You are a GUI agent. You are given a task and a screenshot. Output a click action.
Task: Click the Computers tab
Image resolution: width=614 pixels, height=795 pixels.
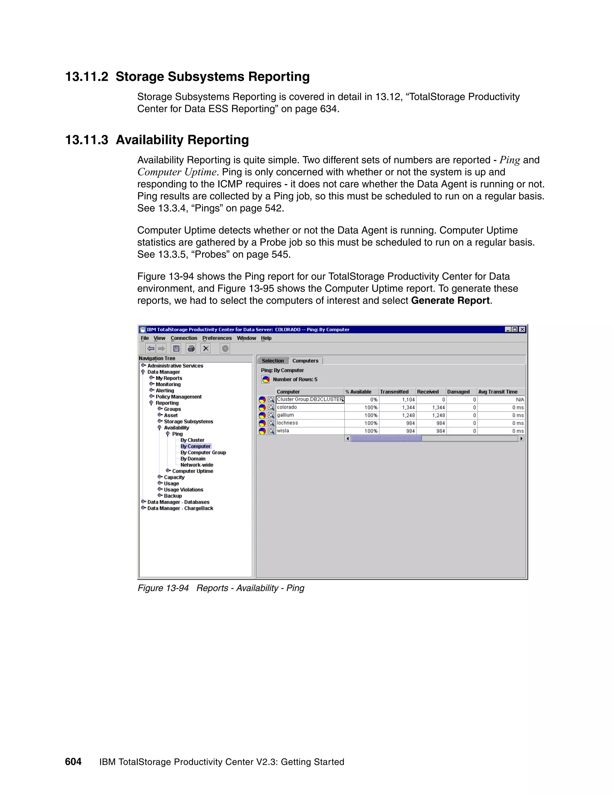click(305, 361)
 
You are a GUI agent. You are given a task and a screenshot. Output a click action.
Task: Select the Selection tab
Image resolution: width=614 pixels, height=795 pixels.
click(273, 361)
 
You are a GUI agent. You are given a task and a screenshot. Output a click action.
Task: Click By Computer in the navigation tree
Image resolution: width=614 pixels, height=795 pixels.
click(195, 446)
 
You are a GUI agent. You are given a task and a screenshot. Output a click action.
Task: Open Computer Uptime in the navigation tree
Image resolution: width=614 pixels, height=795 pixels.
click(192, 471)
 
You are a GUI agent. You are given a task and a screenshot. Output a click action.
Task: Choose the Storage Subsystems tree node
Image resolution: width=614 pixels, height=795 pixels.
click(188, 421)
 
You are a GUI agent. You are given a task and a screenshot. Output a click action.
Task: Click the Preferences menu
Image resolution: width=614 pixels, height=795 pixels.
click(217, 338)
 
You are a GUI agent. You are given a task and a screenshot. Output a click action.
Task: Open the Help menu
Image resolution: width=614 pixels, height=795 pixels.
click(266, 338)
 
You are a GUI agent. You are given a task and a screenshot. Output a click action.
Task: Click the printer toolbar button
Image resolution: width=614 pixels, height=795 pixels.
click(191, 349)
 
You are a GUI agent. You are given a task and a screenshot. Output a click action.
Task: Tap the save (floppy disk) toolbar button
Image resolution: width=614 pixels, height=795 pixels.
click(176, 349)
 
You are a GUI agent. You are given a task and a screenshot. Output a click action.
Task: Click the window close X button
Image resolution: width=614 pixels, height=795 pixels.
click(522, 329)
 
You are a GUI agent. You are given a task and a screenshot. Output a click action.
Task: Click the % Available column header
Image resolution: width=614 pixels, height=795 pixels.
click(359, 392)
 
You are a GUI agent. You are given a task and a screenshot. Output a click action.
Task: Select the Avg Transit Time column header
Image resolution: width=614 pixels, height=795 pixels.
click(498, 392)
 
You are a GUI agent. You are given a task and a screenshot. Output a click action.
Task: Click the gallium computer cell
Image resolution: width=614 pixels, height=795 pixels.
click(285, 415)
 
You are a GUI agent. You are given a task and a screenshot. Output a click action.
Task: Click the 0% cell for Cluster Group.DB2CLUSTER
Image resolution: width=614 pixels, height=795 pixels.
click(374, 400)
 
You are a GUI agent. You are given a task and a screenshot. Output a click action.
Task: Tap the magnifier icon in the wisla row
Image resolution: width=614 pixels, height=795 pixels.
click(271, 431)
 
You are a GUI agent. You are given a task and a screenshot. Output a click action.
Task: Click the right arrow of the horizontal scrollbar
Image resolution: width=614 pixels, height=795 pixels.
click(521, 439)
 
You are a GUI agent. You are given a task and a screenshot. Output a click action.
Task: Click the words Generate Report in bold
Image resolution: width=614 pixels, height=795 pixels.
click(450, 301)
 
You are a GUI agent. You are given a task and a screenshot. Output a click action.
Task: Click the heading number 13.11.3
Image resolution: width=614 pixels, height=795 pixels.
click(87, 140)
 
